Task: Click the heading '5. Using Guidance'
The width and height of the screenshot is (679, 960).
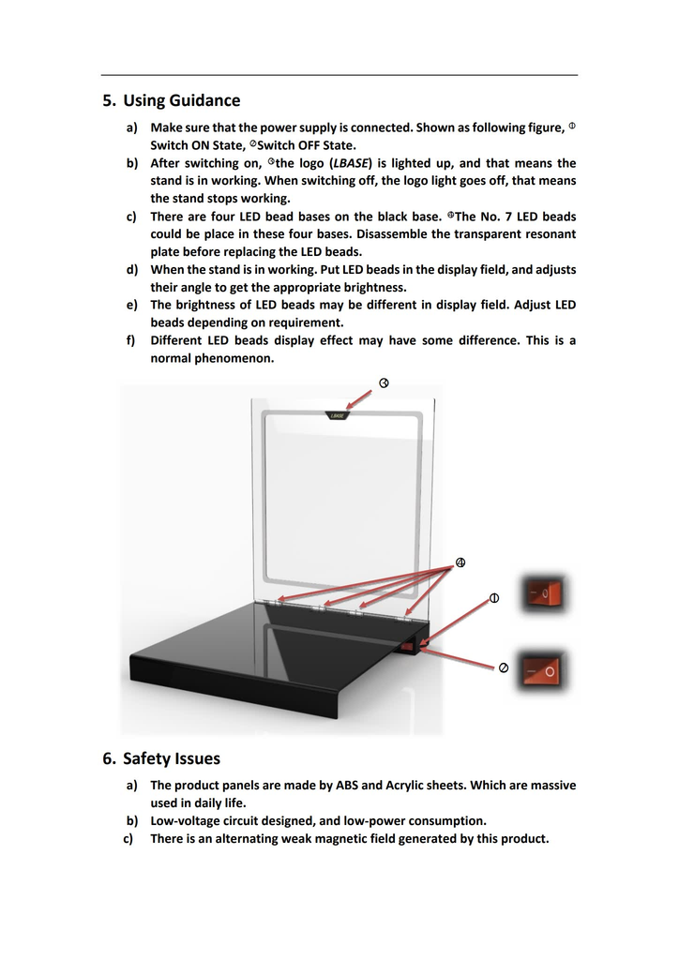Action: pos(171,100)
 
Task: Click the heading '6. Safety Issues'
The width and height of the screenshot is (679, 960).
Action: pos(161,757)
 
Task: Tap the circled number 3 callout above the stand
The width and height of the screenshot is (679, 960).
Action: pos(384,382)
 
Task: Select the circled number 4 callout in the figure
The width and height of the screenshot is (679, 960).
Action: pos(460,562)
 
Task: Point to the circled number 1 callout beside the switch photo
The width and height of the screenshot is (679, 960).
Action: pos(494,598)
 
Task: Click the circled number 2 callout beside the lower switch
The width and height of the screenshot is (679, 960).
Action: pos(504,667)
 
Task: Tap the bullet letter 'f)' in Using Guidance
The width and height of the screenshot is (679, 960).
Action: pos(131,340)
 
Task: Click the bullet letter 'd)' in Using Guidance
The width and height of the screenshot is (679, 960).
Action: pos(131,269)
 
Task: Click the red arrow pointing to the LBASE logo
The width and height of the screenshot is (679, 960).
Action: pos(360,398)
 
